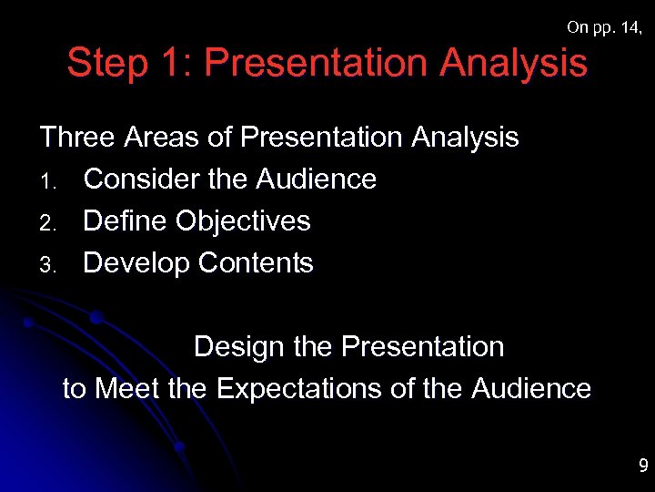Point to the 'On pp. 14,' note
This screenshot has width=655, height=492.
[605, 27]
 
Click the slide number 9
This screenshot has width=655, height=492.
[642, 467]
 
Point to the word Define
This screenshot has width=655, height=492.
[126, 221]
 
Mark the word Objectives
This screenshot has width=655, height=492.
[243, 221]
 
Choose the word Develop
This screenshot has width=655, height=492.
[136, 263]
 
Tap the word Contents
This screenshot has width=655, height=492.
[256, 263]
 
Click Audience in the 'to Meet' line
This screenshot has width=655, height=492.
[531, 389]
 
